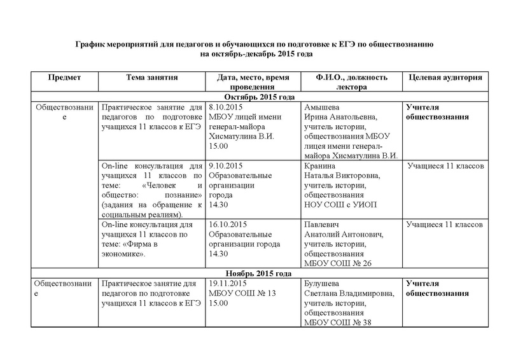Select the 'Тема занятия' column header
151,78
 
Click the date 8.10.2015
227,107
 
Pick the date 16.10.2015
229,225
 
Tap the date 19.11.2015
229,284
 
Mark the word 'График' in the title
91,45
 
